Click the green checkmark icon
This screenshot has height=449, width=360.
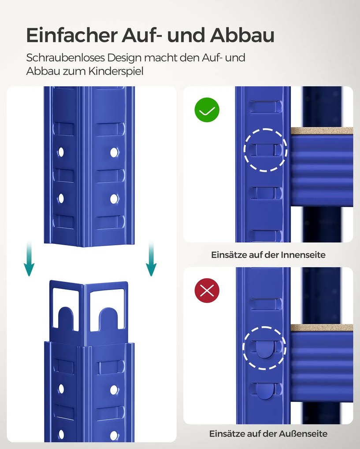point(207,110)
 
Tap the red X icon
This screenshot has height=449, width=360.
point(207,291)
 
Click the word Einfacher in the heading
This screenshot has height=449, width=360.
point(72,35)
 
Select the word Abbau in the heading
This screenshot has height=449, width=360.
point(242,35)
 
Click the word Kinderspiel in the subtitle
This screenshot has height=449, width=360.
point(116,71)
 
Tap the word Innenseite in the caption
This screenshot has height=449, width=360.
point(303,255)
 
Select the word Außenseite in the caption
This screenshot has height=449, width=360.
point(304,434)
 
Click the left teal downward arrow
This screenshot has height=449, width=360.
point(29,259)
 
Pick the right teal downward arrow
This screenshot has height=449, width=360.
point(151,259)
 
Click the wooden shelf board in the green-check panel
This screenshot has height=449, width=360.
point(322,131)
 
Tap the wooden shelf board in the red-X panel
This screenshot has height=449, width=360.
point(322,328)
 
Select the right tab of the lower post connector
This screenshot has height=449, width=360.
point(108,319)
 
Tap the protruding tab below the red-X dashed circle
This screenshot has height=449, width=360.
point(266,391)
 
